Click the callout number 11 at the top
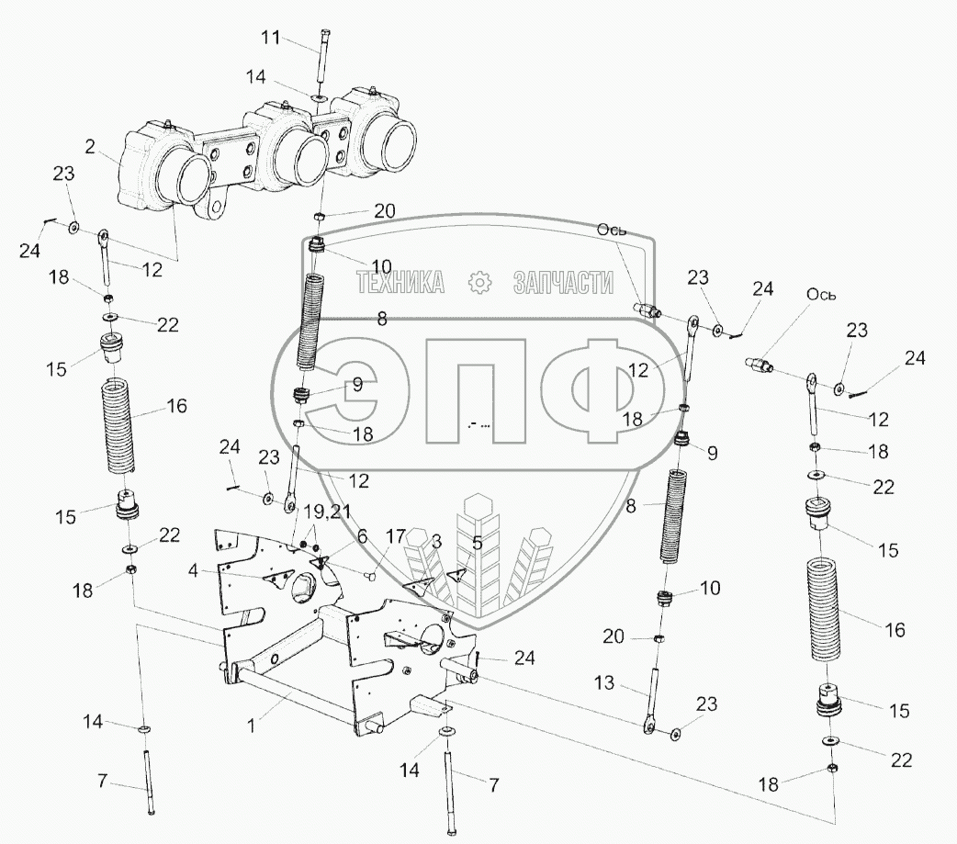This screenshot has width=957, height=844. click(271, 38)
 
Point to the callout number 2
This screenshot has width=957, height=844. click(91, 145)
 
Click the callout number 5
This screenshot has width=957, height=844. click(477, 543)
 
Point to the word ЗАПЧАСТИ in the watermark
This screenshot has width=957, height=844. click(562, 282)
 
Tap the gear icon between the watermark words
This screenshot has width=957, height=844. click(478, 283)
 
